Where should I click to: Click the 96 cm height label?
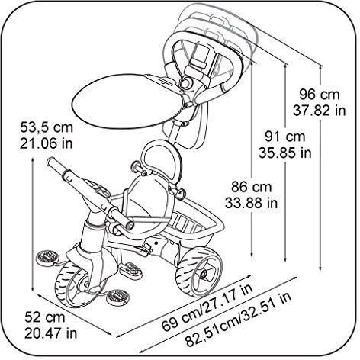pyautogui.click(x=320, y=95)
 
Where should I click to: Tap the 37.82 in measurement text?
pyautogui.click(x=320, y=111)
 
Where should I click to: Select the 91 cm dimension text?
pyautogui.click(x=285, y=137)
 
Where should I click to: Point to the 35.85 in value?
pyautogui.click(x=285, y=153)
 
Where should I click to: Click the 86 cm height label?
pyautogui.click(x=252, y=187)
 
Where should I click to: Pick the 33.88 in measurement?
pyautogui.click(x=252, y=203)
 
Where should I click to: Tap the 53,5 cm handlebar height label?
pyautogui.click(x=47, y=127)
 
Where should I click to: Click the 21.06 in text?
pyautogui.click(x=47, y=143)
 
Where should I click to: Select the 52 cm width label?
pyautogui.click(x=45, y=317)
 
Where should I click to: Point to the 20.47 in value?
pyautogui.click(x=50, y=333)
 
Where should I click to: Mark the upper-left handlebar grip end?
pyautogui.click(x=50, y=162)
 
